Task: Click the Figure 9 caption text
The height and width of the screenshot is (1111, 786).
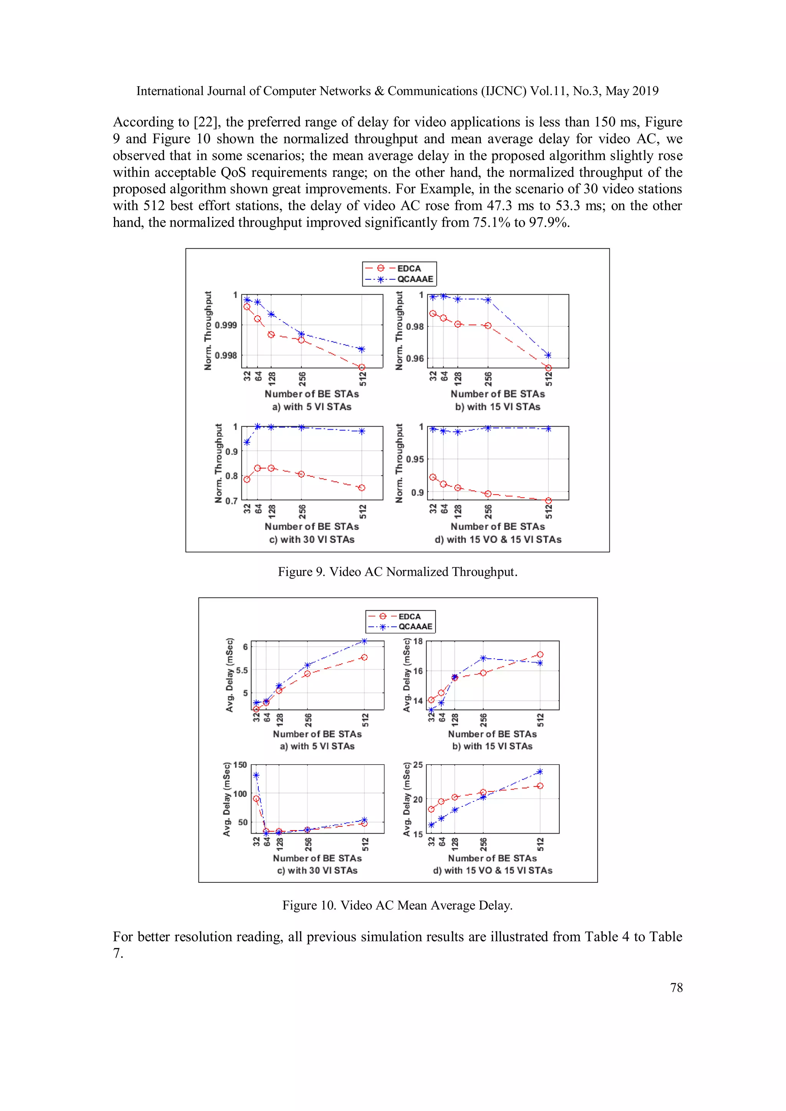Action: pyautogui.click(x=397, y=572)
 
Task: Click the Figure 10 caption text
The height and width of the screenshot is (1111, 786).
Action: pyautogui.click(x=397, y=905)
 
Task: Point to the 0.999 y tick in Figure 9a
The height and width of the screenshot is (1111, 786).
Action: pyautogui.click(x=226, y=325)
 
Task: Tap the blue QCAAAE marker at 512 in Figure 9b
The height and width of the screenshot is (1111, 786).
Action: pyautogui.click(x=548, y=355)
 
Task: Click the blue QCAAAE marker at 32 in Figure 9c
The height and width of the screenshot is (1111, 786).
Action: pyautogui.click(x=247, y=442)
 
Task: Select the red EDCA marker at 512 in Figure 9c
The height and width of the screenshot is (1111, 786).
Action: pyautogui.click(x=362, y=488)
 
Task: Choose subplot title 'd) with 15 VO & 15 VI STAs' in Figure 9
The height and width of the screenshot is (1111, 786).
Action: pyautogui.click(x=498, y=539)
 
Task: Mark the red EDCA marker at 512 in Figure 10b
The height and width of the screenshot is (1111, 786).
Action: pyautogui.click(x=540, y=655)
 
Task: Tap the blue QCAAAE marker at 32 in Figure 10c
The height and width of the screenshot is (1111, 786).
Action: pyautogui.click(x=256, y=775)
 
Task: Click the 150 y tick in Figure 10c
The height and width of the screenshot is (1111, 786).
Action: pyautogui.click(x=240, y=765)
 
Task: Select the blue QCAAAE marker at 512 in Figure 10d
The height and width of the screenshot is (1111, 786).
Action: pyautogui.click(x=540, y=772)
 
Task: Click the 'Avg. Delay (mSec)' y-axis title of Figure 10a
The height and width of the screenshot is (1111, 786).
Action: pyautogui.click(x=230, y=675)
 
